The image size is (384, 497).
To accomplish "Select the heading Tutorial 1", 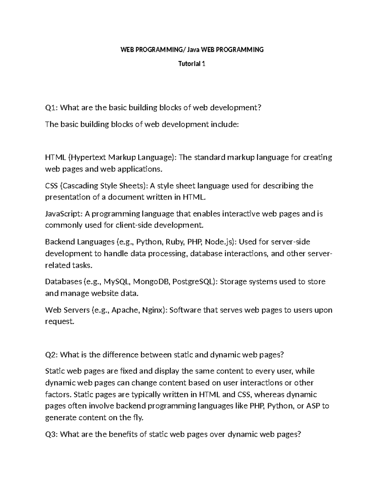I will [x=192, y=64].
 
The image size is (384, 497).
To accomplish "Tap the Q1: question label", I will [x=52, y=108].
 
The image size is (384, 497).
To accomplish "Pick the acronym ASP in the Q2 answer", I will [x=313, y=406].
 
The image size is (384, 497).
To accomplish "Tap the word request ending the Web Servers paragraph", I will [x=59, y=322].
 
